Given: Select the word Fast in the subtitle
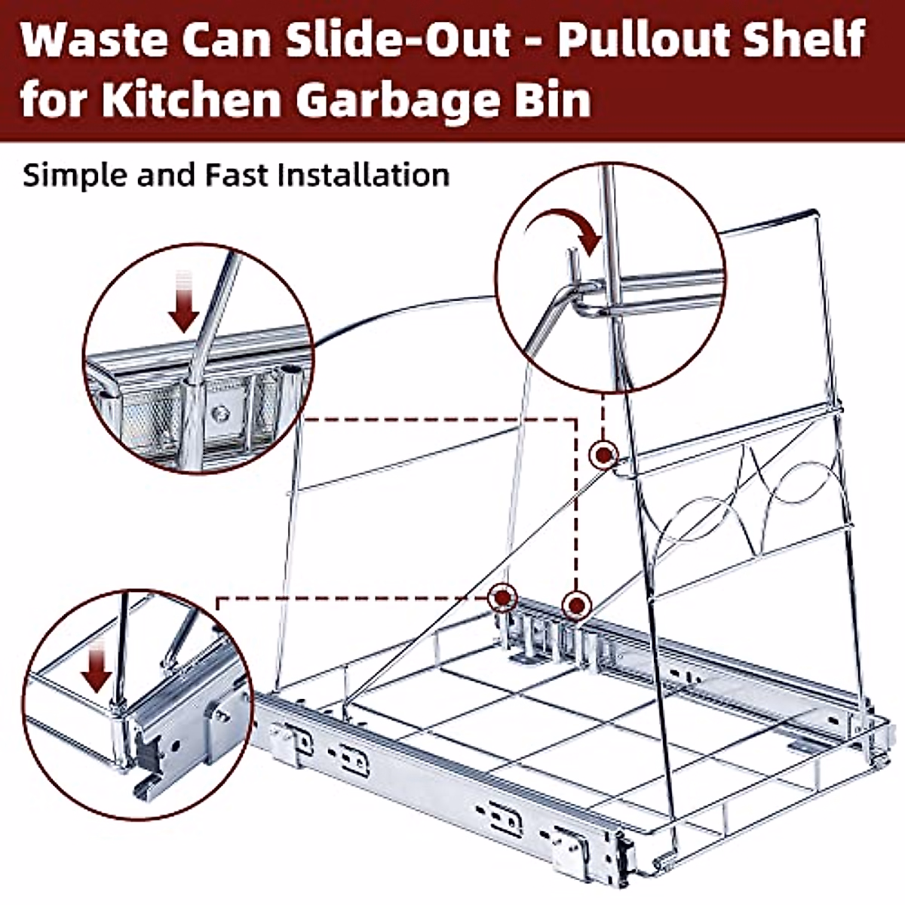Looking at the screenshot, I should pos(237,174).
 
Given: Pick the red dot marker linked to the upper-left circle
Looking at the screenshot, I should pos(576,604).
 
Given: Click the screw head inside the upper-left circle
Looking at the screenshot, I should pos(219,412).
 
